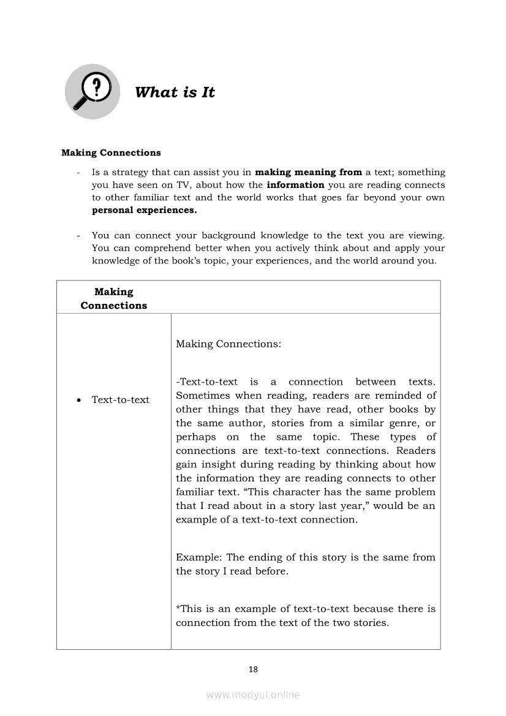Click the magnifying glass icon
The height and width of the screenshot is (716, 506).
click(x=93, y=92)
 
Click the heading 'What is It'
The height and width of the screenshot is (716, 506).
click(x=175, y=92)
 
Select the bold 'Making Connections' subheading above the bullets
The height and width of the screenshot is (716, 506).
click(x=111, y=153)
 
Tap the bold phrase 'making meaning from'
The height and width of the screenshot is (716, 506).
click(x=308, y=172)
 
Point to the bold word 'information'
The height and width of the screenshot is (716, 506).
click(x=295, y=185)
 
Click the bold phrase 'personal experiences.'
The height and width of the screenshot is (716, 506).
click(x=145, y=210)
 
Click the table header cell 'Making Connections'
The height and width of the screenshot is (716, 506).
click(x=114, y=298)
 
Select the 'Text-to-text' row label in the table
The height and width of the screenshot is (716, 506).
click(x=120, y=400)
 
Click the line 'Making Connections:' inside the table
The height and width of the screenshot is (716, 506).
click(x=228, y=344)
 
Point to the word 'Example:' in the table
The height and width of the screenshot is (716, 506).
click(x=199, y=557)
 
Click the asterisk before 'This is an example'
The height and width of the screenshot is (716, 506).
click(x=178, y=608)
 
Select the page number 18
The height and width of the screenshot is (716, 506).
click(x=253, y=669)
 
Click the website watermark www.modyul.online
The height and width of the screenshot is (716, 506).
click(x=253, y=695)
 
